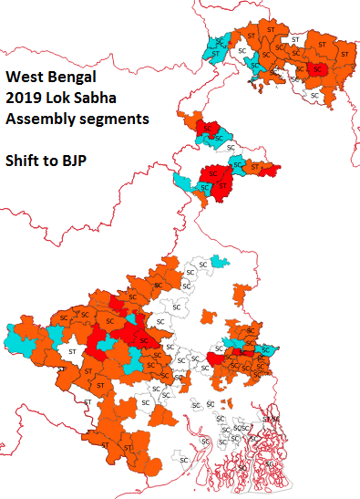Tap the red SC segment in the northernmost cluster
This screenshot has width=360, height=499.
pyautogui.click(x=316, y=69)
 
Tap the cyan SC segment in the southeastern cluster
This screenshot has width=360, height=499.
pyautogui.click(x=267, y=349)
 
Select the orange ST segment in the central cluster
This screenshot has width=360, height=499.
pyautogui.click(x=256, y=167)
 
